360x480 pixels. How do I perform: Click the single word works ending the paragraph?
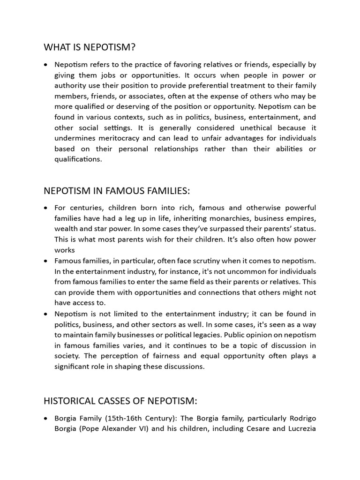[x=65, y=250]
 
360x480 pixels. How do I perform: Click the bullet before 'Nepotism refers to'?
[x=45, y=65]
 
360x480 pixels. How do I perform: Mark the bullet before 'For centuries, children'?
[x=45, y=208]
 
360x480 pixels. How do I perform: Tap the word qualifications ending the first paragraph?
[x=77, y=159]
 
